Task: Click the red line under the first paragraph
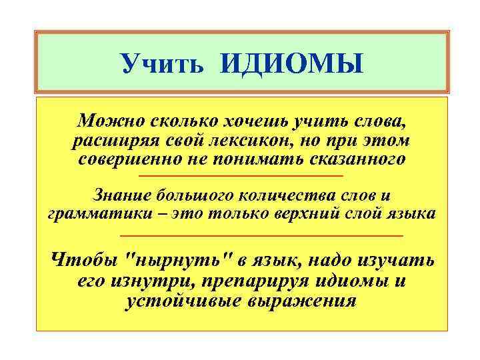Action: tap(240, 176)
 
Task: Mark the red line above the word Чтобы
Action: tap(262, 236)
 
